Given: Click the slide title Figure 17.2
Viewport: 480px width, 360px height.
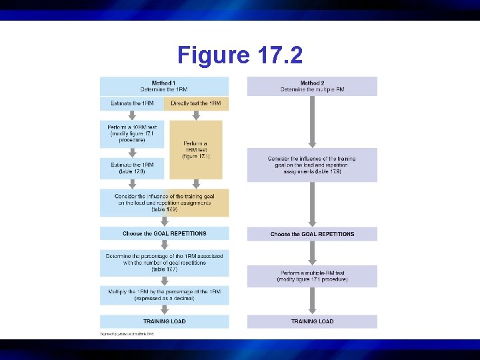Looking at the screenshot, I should [x=240, y=55].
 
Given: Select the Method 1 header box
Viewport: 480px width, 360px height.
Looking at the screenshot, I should [x=164, y=86].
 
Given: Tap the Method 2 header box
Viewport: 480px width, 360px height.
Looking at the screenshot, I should [x=312, y=86].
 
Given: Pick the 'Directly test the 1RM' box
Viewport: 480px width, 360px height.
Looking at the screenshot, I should [x=196, y=103].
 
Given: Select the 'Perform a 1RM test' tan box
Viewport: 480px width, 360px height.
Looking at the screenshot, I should [x=196, y=149].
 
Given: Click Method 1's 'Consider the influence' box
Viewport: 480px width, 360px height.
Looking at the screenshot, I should [x=164, y=203].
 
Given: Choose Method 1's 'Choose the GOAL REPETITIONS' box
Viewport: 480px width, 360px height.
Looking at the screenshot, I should [x=164, y=234].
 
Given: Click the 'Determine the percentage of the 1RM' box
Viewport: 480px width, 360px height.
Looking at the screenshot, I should [x=164, y=262].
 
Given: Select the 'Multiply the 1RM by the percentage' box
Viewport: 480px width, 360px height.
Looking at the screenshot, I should [x=164, y=295].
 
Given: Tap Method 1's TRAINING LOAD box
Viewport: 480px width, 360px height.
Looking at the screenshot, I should [x=164, y=321].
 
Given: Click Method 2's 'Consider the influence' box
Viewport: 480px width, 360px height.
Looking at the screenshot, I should [x=312, y=164].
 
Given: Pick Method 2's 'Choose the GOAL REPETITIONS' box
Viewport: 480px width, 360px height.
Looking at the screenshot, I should [x=312, y=234].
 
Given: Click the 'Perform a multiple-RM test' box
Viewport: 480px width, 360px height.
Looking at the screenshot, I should [x=312, y=276].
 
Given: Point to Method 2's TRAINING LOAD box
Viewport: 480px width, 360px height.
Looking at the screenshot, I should [x=312, y=321].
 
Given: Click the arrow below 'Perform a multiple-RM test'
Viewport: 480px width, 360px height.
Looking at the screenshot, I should [x=312, y=301].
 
